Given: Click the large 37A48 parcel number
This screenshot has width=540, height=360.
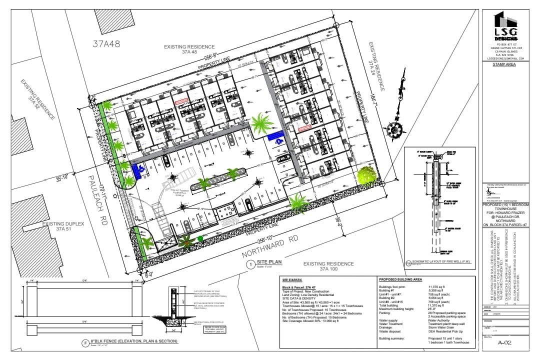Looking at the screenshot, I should tap(106, 43).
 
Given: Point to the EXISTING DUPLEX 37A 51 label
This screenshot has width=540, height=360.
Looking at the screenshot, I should tap(62, 226).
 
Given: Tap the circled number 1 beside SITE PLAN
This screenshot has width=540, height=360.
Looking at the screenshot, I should tap(250, 264).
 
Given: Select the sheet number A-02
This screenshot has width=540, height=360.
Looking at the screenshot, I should tap(506, 342).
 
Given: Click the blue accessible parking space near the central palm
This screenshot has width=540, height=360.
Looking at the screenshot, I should tap(275, 136).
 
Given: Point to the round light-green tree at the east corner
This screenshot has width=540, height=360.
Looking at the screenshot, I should tap(367, 174).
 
